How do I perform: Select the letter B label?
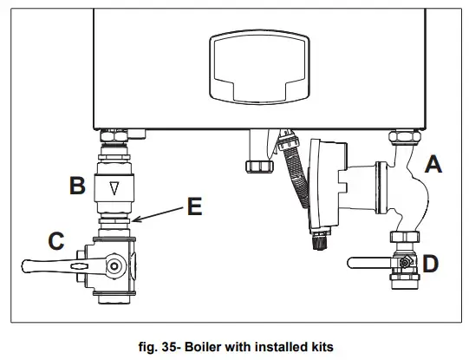(x=76, y=184)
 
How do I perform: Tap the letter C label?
(x=55, y=242)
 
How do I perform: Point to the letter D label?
(x=431, y=261)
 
